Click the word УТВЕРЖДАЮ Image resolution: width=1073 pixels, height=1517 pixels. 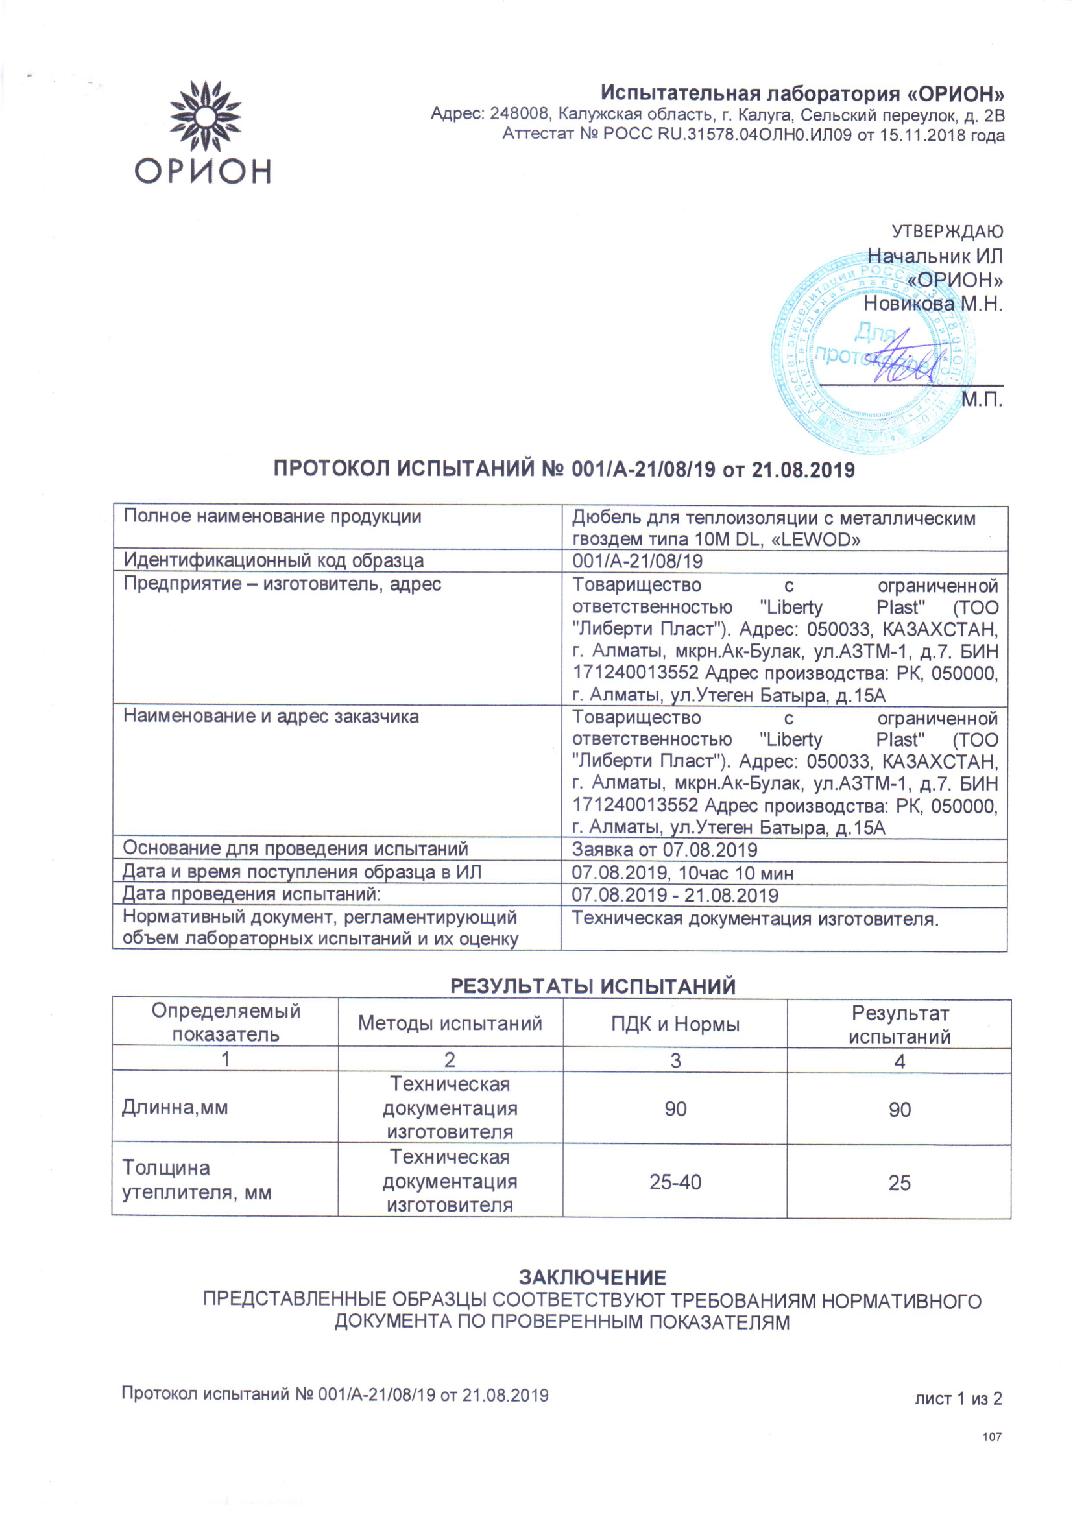[946, 232]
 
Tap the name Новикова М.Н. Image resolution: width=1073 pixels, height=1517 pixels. [933, 304]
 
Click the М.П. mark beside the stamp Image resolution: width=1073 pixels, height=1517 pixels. [982, 400]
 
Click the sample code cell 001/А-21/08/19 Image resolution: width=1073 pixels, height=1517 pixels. [637, 562]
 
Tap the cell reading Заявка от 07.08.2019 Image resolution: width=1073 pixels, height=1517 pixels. [664, 850]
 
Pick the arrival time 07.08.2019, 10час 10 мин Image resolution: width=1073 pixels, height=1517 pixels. [682, 873]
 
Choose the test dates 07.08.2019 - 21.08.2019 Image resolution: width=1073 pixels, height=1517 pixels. [675, 895]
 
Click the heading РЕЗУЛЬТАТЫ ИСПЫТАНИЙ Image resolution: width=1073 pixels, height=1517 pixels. [593, 986]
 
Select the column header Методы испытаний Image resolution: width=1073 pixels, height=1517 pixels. [450, 1023]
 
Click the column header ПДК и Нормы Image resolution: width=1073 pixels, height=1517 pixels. [675, 1024]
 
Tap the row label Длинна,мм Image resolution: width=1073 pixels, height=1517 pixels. [175, 1107]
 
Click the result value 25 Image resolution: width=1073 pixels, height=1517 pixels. [899, 1182]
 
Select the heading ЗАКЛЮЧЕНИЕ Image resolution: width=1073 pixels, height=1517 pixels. [592, 1277]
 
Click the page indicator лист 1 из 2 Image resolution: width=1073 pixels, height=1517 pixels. [958, 1399]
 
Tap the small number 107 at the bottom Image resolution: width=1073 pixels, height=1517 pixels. [992, 1437]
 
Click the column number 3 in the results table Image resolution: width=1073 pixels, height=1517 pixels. [675, 1060]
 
